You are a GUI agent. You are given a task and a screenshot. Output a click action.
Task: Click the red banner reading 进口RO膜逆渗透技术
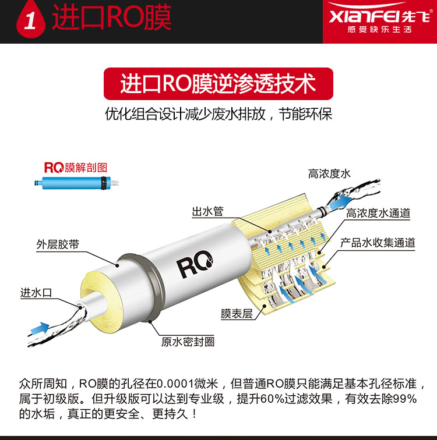(x=218, y=84)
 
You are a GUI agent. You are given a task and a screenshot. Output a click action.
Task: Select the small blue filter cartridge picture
(x=76, y=183)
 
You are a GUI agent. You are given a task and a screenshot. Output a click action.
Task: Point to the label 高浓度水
(x=329, y=173)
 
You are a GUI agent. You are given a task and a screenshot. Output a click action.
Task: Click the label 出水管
(x=207, y=211)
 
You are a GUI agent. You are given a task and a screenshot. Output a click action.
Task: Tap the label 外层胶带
(x=58, y=244)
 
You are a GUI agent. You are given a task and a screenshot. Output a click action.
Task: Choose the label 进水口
(x=36, y=293)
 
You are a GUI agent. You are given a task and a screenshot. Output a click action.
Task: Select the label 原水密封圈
(x=188, y=342)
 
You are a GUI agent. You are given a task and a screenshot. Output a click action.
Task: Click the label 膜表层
(x=237, y=314)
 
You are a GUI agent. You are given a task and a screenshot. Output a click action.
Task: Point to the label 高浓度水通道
(x=378, y=213)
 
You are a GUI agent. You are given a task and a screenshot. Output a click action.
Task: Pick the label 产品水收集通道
(x=378, y=243)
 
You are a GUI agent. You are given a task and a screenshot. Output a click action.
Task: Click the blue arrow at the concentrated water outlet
(x=340, y=203)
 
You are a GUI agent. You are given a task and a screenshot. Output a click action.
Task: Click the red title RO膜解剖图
(x=76, y=168)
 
